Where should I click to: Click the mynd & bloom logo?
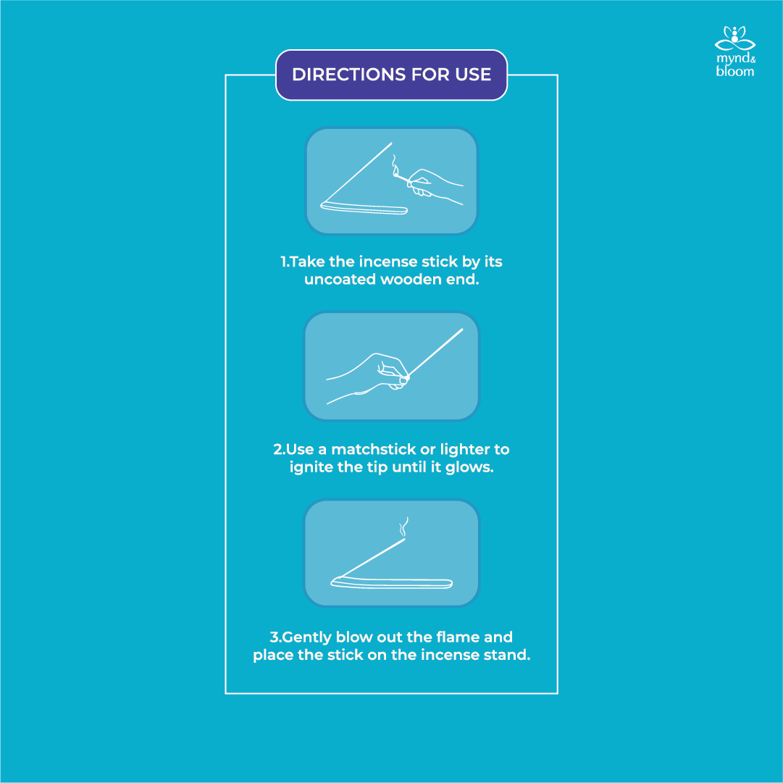tap(735, 51)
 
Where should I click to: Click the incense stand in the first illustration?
tap(364, 208)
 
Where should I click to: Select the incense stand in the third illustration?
tap(391, 582)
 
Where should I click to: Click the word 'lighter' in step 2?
tap(465, 449)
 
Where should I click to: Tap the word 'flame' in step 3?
tap(458, 637)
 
